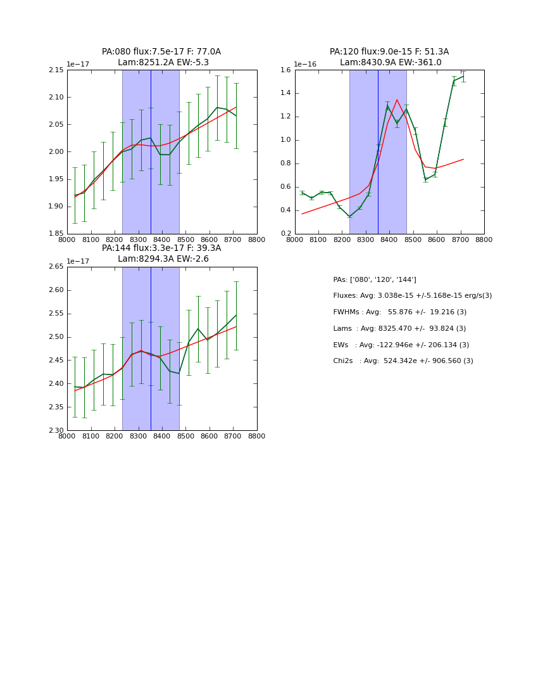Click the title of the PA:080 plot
coord(161,57)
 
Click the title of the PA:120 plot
coord(389,57)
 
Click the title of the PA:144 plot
coord(161,253)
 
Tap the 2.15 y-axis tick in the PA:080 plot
coord(56,70)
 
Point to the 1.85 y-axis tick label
coord(56,234)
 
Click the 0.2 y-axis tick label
coord(286,234)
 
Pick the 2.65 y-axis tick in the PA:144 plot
coord(56,267)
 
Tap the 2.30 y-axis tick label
coord(56,431)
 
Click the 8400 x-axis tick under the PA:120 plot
coord(389,240)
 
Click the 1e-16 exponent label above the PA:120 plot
coord(304,64)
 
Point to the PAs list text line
coord(375,279)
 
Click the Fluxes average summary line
coord(412,296)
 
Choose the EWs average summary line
coord(401,345)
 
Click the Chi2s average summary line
coord(403,361)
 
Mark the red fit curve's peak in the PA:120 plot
coord(397,99)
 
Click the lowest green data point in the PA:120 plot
coord(349,217)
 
